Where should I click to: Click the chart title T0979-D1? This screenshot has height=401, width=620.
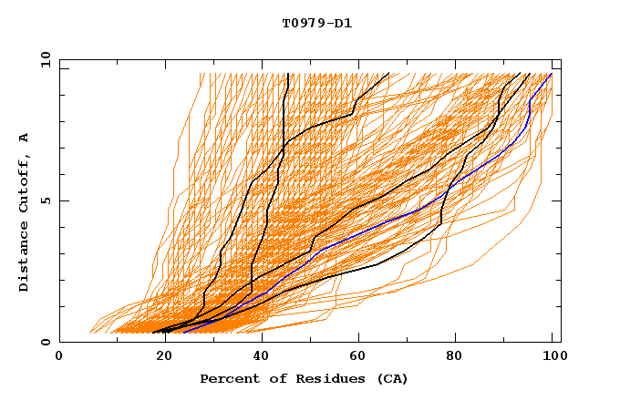(x=316, y=23)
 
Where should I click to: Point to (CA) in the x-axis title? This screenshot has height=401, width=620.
(x=390, y=378)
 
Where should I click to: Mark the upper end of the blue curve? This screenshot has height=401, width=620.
(x=551, y=74)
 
